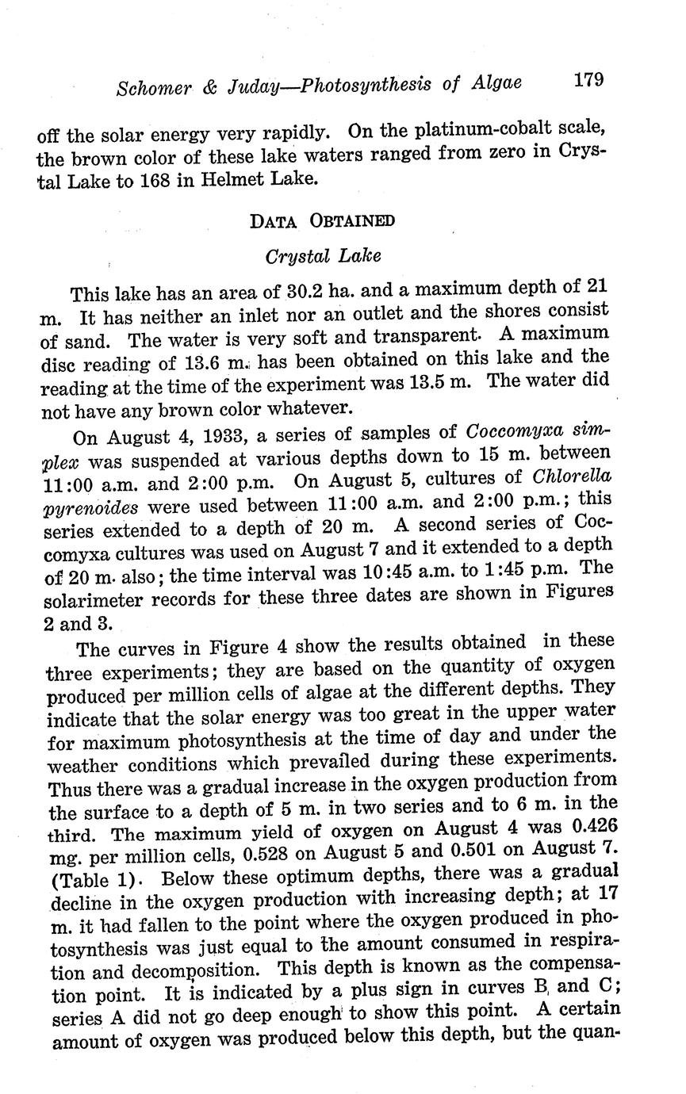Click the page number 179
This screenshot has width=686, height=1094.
pos(588,79)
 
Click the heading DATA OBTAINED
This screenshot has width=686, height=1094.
pos(322,220)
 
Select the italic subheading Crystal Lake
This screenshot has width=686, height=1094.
pos(323,256)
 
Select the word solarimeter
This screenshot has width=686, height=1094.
pos(91,597)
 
